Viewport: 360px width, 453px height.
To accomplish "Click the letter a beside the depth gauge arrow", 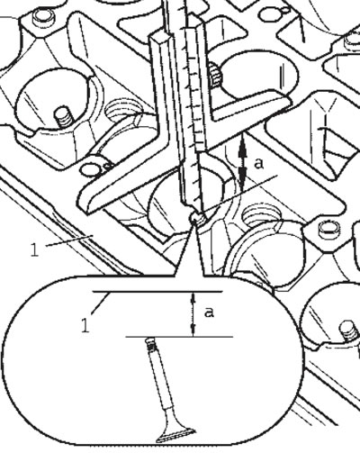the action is click(259, 164).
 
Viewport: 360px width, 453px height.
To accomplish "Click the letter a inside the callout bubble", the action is click(209, 313).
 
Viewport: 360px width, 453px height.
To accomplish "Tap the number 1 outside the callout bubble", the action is click(35, 249).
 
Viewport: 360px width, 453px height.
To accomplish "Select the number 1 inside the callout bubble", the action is click(85, 325).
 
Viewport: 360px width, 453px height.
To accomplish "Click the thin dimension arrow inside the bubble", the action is click(193, 314).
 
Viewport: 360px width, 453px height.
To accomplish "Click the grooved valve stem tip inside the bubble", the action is click(151, 345).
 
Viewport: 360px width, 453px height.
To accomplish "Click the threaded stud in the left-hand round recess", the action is click(64, 117).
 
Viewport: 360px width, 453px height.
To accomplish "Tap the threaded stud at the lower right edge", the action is click(349, 332).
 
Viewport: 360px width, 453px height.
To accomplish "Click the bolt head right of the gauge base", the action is click(328, 231).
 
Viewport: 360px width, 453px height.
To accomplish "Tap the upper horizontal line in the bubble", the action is click(157, 292).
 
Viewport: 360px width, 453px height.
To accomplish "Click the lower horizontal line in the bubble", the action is click(179, 337).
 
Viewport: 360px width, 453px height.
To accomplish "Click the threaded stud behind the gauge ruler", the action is click(215, 75).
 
